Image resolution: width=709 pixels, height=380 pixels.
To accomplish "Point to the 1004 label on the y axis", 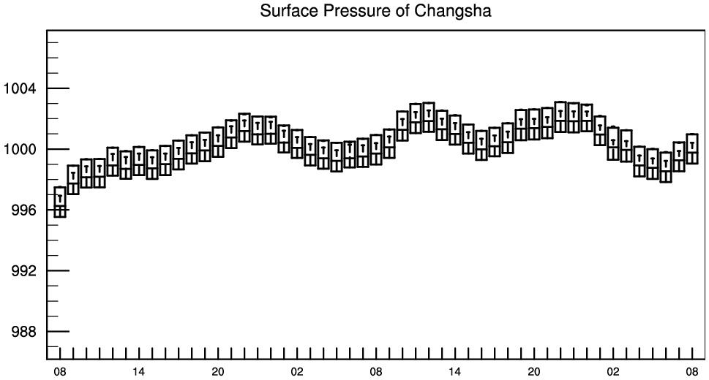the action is [19, 88].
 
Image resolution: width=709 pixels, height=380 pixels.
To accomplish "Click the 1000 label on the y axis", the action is [19, 150].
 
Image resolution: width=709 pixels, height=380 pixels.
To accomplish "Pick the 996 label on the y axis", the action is [23, 210].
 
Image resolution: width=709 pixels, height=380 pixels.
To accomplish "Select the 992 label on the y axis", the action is [23, 271].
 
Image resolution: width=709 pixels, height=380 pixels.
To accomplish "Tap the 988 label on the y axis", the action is [23, 332].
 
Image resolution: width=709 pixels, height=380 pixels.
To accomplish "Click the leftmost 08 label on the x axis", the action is [60, 372].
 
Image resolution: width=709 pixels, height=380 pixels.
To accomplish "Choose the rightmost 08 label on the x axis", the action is [692, 372].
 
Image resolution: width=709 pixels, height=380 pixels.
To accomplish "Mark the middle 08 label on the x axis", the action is [376, 372].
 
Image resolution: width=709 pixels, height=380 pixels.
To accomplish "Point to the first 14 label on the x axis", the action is [139, 372].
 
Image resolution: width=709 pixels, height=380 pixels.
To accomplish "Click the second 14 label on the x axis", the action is [455, 372].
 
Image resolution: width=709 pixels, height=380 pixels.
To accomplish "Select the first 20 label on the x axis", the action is [218, 372].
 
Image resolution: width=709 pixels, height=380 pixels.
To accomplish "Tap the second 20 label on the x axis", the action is [534, 372].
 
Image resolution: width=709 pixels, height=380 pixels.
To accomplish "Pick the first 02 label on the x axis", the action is [297, 372].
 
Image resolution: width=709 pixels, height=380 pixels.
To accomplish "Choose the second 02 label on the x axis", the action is [613, 372].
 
